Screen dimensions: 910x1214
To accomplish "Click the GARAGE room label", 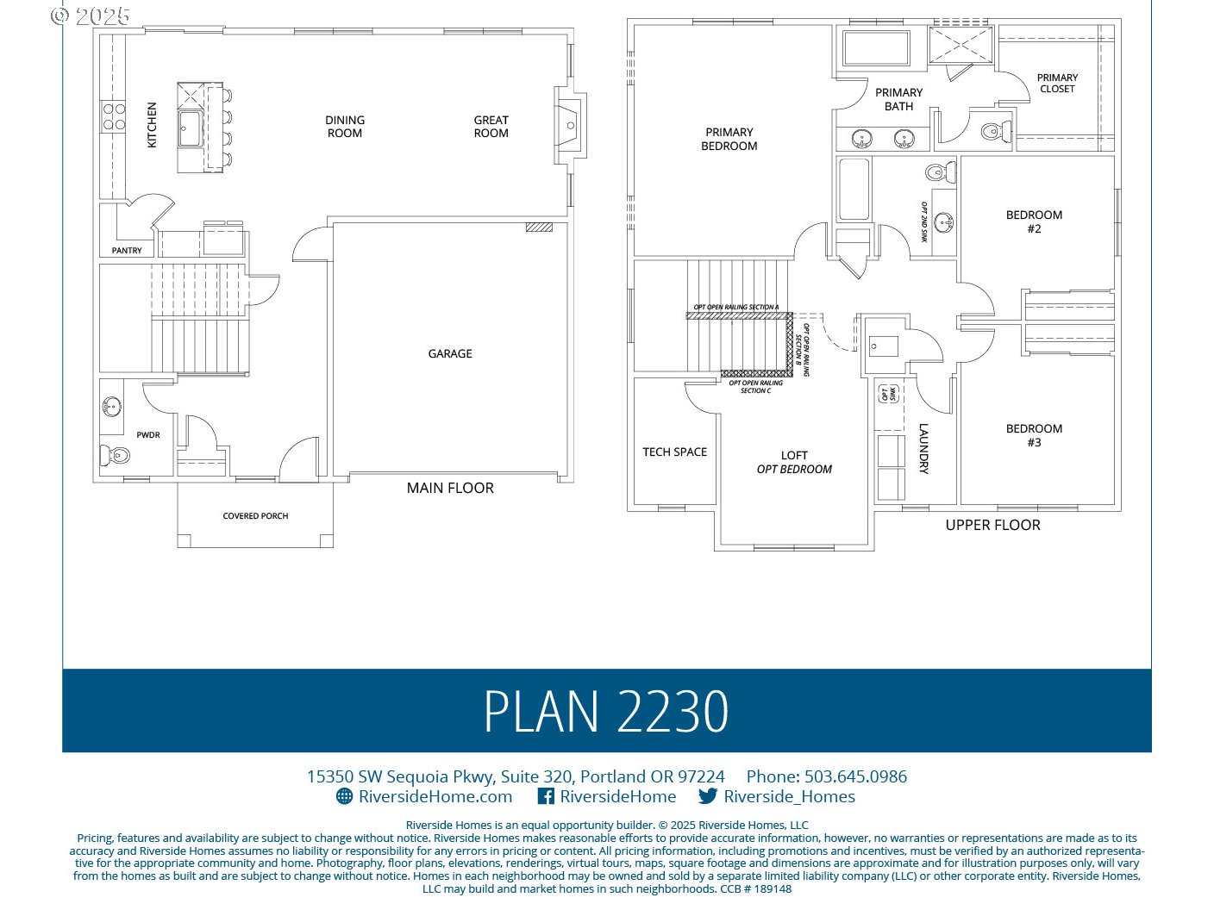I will pos(450,353).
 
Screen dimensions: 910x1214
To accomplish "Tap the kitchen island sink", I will pos(191,128).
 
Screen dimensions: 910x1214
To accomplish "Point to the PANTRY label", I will pos(127,251).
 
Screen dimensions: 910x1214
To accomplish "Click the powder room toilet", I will pos(116,454).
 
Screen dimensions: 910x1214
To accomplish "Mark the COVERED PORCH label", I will pos(255,516).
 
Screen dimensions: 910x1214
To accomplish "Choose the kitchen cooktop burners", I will pos(114,116).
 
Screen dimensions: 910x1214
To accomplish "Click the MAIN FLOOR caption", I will pos(450,488).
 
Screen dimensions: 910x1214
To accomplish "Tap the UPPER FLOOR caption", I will pos(992,525).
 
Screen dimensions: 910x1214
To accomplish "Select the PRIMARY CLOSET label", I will pos(1057,83).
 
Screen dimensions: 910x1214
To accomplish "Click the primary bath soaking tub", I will pos(876,48).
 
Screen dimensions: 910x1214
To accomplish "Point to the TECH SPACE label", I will pos(674,452).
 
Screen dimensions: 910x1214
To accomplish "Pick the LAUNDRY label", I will pos(923,448).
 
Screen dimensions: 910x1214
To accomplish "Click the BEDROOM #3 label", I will pos(1034,435).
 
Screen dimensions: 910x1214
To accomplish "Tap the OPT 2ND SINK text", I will pos(923,222).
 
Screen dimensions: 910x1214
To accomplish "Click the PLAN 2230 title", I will pos(606,712).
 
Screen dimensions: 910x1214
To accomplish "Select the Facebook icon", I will pos(546,796).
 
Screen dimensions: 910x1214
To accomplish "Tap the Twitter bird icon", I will pos(708,796).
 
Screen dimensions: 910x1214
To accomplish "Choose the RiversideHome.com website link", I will pos(435,796).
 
